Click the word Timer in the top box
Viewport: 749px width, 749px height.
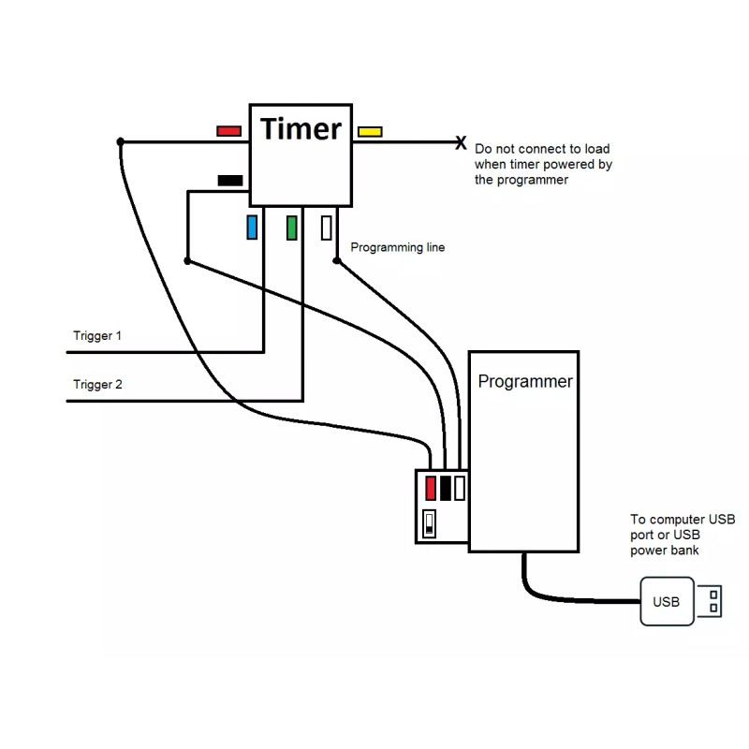[x=301, y=128]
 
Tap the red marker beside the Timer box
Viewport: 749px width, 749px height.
[x=228, y=131]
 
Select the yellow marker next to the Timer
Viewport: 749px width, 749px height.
[x=369, y=131]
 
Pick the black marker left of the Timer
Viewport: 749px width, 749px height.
[x=229, y=180]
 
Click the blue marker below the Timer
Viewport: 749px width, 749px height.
[x=252, y=228]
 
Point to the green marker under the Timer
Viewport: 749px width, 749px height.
[x=291, y=228]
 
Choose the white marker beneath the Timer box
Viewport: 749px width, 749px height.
[x=326, y=228]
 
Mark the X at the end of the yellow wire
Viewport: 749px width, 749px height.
[x=461, y=143]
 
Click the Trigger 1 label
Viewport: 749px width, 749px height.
[x=97, y=335]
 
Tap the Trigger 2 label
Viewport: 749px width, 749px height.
[x=97, y=384]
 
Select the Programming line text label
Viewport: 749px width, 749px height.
[x=397, y=248]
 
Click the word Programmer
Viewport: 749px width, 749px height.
[x=524, y=382]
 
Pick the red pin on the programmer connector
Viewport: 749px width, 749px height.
[x=431, y=488]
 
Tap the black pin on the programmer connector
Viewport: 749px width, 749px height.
[x=446, y=488]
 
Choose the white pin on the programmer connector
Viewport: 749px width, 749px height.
[x=460, y=488]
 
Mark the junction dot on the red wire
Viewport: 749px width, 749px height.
[x=120, y=142]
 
